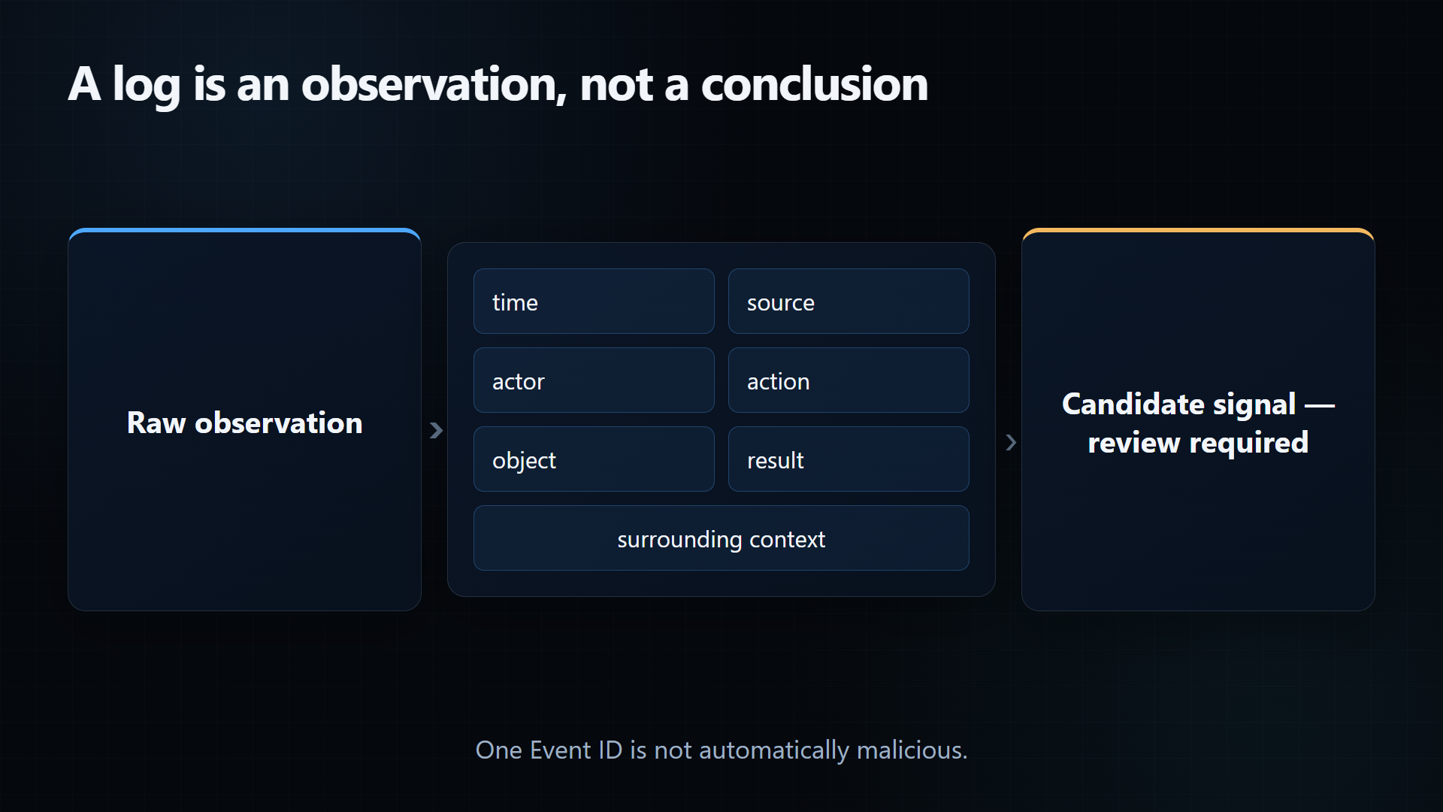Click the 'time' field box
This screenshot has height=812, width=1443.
(x=594, y=301)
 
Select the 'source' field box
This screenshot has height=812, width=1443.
(x=849, y=301)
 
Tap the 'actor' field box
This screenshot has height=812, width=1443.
(x=594, y=380)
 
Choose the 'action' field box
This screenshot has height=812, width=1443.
(x=849, y=380)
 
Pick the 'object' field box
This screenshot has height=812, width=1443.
(x=594, y=459)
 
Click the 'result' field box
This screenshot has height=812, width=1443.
(x=849, y=459)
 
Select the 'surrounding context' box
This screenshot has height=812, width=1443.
(x=721, y=538)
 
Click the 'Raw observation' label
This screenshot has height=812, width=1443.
(x=245, y=423)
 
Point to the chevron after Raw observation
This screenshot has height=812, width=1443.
(x=436, y=430)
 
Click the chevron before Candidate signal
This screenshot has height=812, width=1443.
(x=1011, y=442)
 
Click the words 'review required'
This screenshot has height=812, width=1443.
(x=1198, y=443)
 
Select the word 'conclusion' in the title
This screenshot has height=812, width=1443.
(x=815, y=83)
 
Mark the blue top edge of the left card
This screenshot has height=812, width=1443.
(x=244, y=230)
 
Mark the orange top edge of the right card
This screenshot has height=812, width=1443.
(x=1198, y=230)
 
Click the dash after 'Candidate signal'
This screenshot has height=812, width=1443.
(x=1320, y=406)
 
